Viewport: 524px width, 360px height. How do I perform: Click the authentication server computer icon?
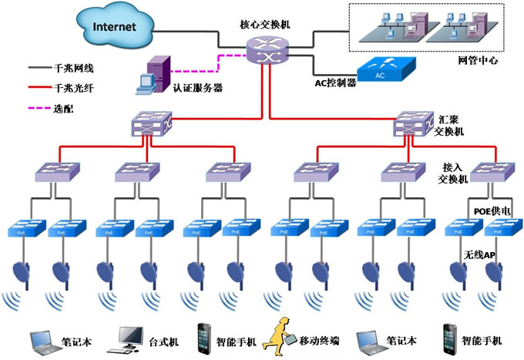pos(153,75)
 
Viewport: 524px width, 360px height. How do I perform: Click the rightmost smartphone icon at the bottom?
pos(450,336)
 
